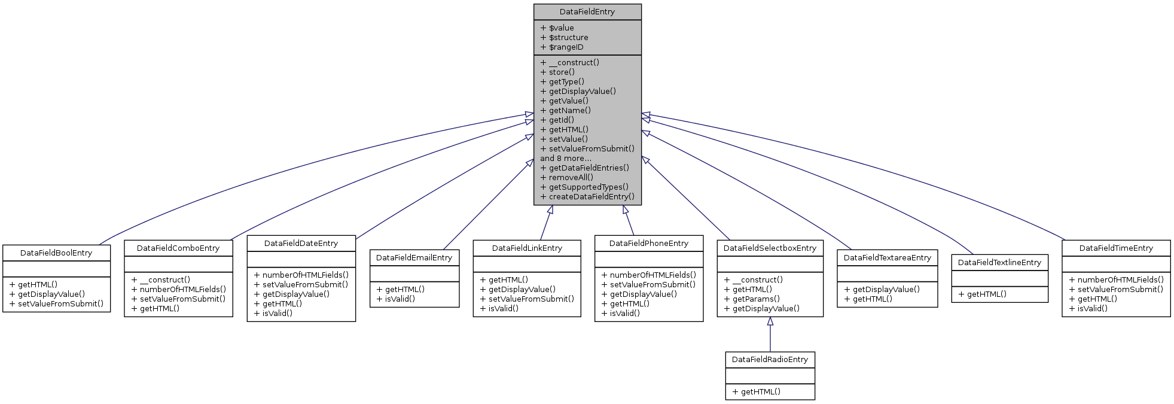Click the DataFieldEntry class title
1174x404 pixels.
[x=587, y=12]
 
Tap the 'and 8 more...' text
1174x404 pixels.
[x=565, y=159]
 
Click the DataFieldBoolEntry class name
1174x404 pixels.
[x=56, y=253]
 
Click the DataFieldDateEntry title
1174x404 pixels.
[x=301, y=244]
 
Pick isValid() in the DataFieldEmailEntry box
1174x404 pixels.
[x=400, y=299]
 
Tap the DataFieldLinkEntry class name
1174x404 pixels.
[x=527, y=248]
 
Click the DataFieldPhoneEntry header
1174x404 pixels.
[x=648, y=244]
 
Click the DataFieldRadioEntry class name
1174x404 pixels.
[x=770, y=360]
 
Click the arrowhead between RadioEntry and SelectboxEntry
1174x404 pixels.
[x=770, y=321]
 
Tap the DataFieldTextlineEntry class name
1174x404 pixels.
[x=999, y=263]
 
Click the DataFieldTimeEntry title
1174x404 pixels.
[x=1116, y=248]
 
